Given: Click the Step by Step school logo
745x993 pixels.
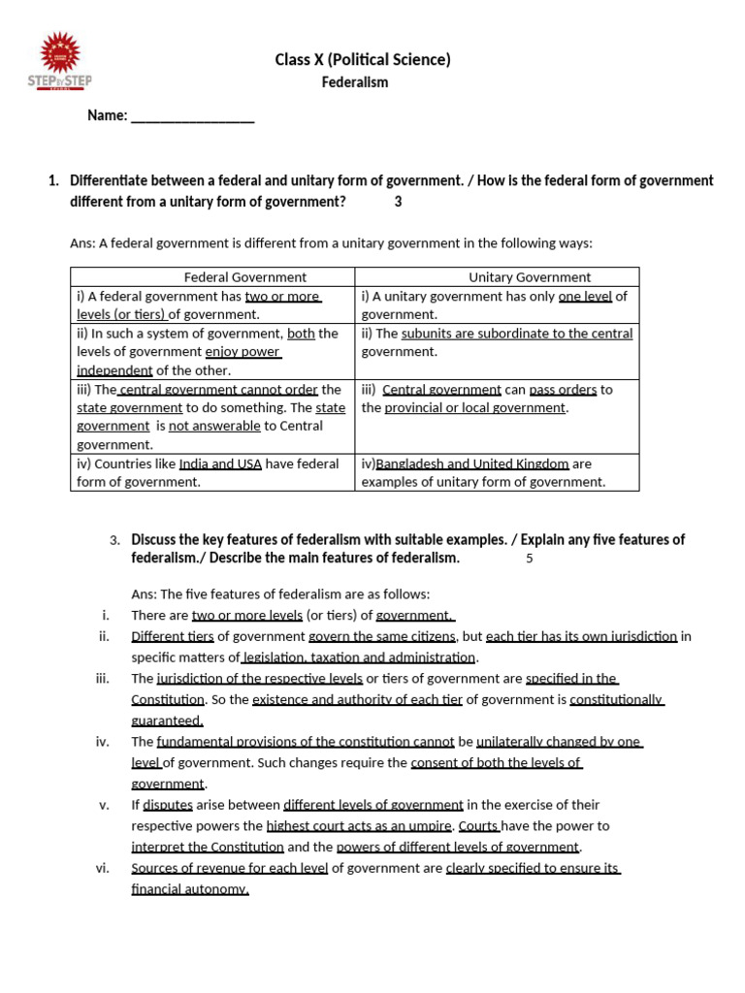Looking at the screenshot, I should click(x=59, y=61).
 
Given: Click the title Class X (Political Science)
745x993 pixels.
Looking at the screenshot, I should click(x=363, y=60).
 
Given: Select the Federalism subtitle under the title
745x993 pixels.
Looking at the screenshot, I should click(x=355, y=82).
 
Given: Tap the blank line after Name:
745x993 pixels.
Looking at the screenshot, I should click(x=192, y=116).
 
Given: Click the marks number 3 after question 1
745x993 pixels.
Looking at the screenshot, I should click(x=398, y=202).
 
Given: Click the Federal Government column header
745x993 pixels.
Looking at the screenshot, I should click(x=245, y=277).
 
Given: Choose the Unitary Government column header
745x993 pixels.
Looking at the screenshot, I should click(x=530, y=277).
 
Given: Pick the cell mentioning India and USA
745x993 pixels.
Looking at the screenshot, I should click(x=211, y=472).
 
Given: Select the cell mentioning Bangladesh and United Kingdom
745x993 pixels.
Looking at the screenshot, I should click(x=497, y=472).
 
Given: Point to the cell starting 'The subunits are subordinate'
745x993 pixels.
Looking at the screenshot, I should click(x=497, y=342).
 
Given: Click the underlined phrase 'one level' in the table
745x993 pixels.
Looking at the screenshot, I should click(x=585, y=297).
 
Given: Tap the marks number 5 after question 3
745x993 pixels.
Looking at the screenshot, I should click(x=530, y=559).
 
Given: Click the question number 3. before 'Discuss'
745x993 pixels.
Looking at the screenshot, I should click(x=114, y=540).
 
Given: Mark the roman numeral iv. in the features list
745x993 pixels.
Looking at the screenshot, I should click(x=102, y=742).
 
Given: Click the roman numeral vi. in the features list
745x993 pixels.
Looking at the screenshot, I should click(x=102, y=868).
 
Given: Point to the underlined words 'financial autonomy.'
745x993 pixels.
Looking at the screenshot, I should click(x=190, y=889).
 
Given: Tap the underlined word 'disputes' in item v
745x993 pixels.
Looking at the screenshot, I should click(x=168, y=805).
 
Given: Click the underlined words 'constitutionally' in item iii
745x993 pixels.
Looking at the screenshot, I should click(x=616, y=699).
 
